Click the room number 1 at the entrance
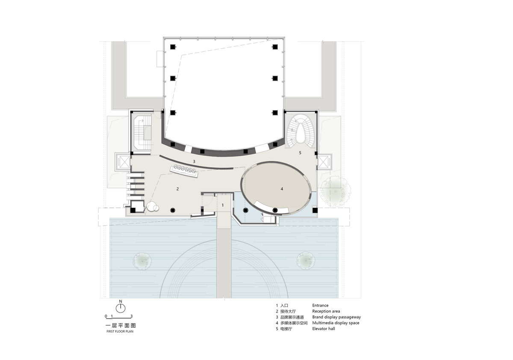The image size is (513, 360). coord(222,205)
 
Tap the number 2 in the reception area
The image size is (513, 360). coord(177,189)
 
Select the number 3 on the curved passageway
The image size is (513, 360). coord(194,162)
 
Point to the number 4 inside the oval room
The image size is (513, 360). coord(282,189)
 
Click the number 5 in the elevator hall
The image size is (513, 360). coord(300,153)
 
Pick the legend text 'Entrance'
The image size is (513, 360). coord(320,305)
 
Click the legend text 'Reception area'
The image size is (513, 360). coord(326,311)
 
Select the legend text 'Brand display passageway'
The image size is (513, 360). coord(336,317)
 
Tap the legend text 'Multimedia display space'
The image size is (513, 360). coord(336,323)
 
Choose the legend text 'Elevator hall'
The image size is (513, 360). coord(323,329)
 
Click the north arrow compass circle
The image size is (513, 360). coord(121,308)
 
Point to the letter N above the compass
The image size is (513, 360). coord(121,301)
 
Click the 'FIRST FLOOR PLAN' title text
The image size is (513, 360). coord(120,331)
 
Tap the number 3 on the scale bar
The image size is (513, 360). coord(132,316)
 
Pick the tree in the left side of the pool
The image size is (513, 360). coord(142,261)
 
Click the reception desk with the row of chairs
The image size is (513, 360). coord(184,171)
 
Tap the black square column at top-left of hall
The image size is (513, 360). coord(173,47)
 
